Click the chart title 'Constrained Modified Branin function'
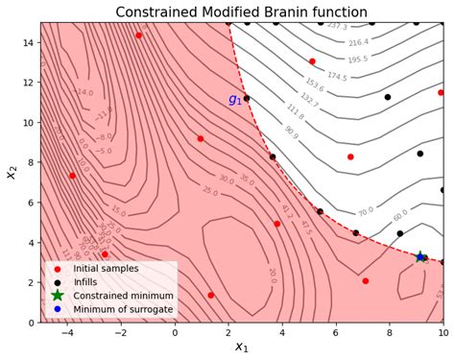pyautogui.click(x=241, y=12)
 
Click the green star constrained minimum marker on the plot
pyautogui.click(x=420, y=257)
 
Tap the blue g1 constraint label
pyautogui.click(x=234, y=100)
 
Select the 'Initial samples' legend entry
pyautogui.click(x=107, y=268)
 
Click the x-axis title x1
pyautogui.click(x=241, y=348)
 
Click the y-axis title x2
pyautogui.click(x=12, y=173)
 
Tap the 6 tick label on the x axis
pyautogui.click(x=336, y=333)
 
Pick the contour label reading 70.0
pyautogui.click(x=365, y=211)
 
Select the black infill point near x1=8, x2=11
pyautogui.click(x=388, y=97)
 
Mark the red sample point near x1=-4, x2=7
pyautogui.click(x=72, y=176)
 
